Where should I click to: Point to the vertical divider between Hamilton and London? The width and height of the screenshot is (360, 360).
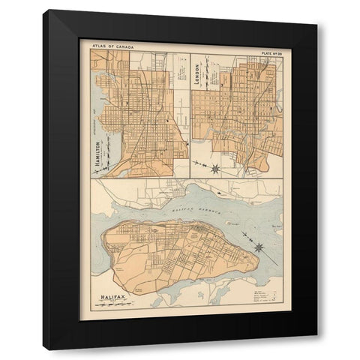point(190,112)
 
